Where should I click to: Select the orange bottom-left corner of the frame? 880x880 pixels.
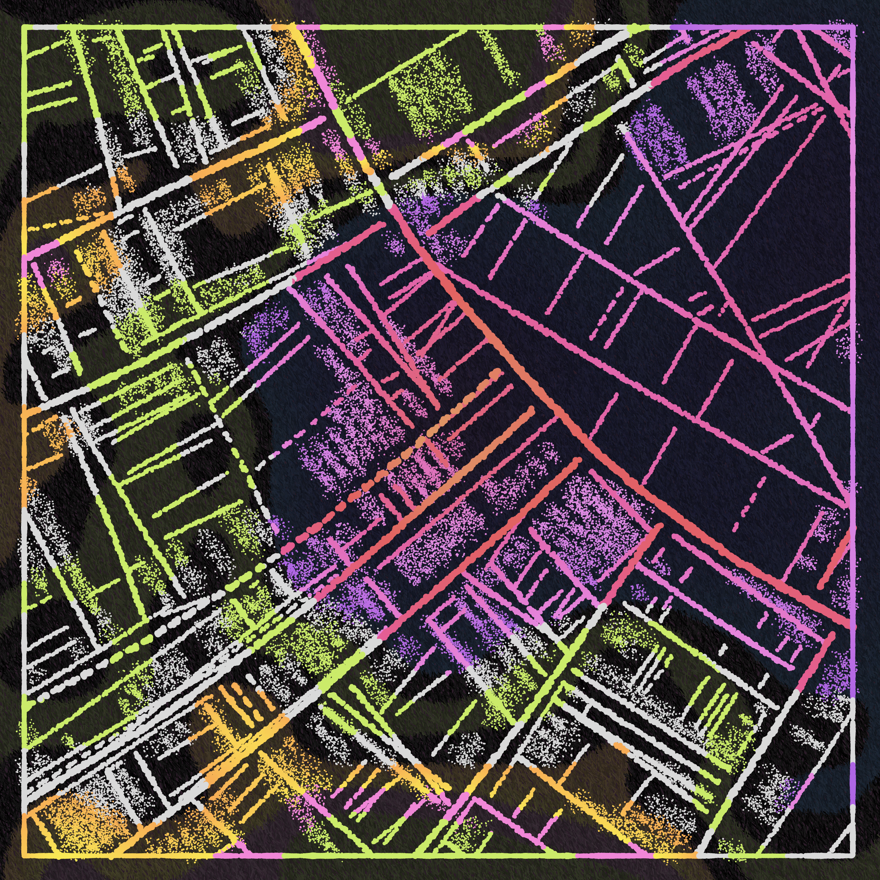pos(24,855)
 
